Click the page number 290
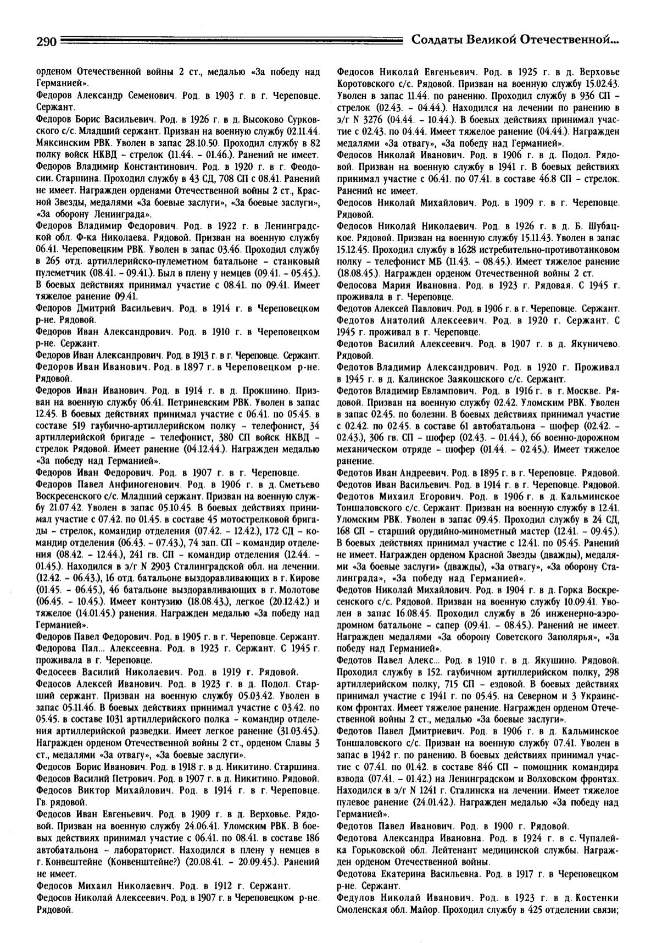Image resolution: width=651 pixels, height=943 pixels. (x=46, y=41)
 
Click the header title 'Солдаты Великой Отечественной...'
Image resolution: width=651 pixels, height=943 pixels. (x=515, y=40)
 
